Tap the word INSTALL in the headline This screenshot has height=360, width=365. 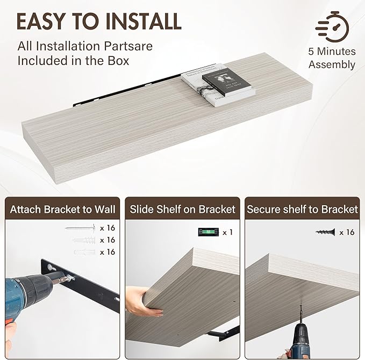tap(141, 21)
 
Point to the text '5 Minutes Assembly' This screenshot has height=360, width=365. tap(332, 58)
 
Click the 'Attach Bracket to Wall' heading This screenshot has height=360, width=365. tap(59, 209)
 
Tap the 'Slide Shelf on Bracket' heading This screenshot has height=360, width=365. tap(182, 209)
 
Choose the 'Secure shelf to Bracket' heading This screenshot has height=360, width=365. tap(302, 209)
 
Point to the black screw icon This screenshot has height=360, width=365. tap(325, 232)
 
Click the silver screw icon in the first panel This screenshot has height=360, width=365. tap(80, 228)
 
